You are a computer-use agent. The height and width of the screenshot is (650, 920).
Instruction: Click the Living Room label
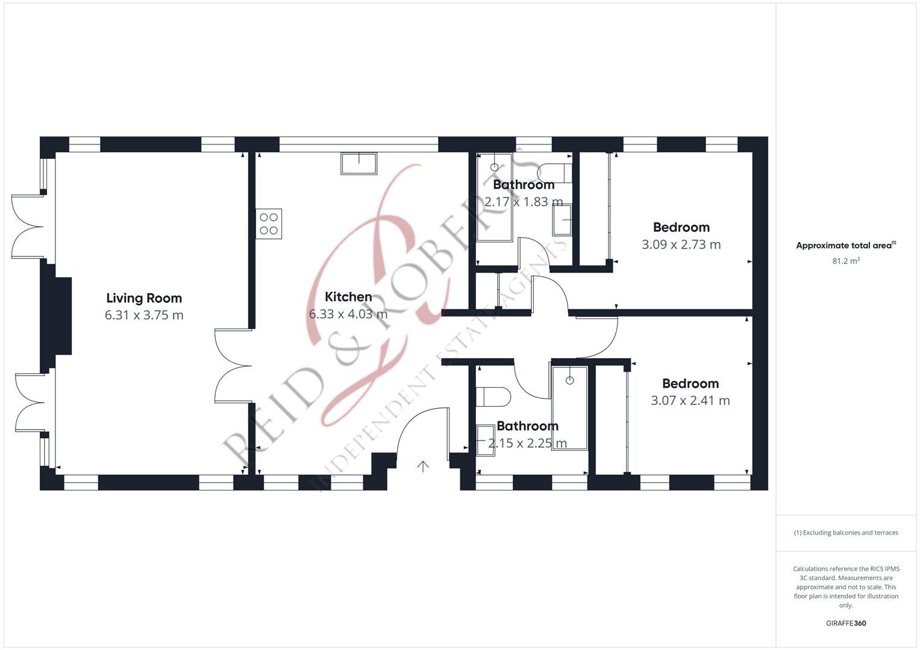(x=144, y=298)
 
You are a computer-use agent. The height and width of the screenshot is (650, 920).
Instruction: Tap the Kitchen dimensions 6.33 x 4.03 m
(x=348, y=314)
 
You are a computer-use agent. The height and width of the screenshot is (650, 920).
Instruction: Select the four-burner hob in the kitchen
(x=269, y=224)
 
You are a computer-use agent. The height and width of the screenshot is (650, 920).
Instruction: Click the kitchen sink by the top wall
(x=359, y=164)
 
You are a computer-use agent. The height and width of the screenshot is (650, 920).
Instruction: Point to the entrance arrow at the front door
(x=423, y=466)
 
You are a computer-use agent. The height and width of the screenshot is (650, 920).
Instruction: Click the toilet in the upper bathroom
(x=554, y=173)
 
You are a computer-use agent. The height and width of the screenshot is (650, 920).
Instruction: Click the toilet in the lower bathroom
(x=493, y=397)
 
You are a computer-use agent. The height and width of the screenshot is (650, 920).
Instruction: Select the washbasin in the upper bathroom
(x=562, y=220)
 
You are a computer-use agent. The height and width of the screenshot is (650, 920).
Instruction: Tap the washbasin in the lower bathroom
(x=486, y=441)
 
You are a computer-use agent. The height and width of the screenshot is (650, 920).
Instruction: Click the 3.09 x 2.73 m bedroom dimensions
(x=681, y=244)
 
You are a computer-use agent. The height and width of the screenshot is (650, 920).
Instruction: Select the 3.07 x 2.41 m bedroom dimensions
(x=690, y=400)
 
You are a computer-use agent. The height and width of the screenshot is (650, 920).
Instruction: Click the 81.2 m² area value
(x=846, y=261)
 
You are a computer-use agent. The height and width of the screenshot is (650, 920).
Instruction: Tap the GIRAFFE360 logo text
(x=846, y=623)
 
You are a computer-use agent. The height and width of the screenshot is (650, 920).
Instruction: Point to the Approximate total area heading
(x=846, y=246)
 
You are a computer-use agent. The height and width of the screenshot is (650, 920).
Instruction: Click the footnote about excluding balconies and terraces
(x=846, y=533)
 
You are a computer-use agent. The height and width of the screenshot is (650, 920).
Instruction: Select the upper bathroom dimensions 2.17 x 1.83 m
(x=524, y=202)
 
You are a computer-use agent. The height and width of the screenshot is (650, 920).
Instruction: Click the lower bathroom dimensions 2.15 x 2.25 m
(x=527, y=443)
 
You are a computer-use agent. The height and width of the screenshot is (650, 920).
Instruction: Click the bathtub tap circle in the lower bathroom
(x=570, y=381)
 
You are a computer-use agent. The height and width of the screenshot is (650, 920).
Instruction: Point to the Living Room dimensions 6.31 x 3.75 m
(x=144, y=315)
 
